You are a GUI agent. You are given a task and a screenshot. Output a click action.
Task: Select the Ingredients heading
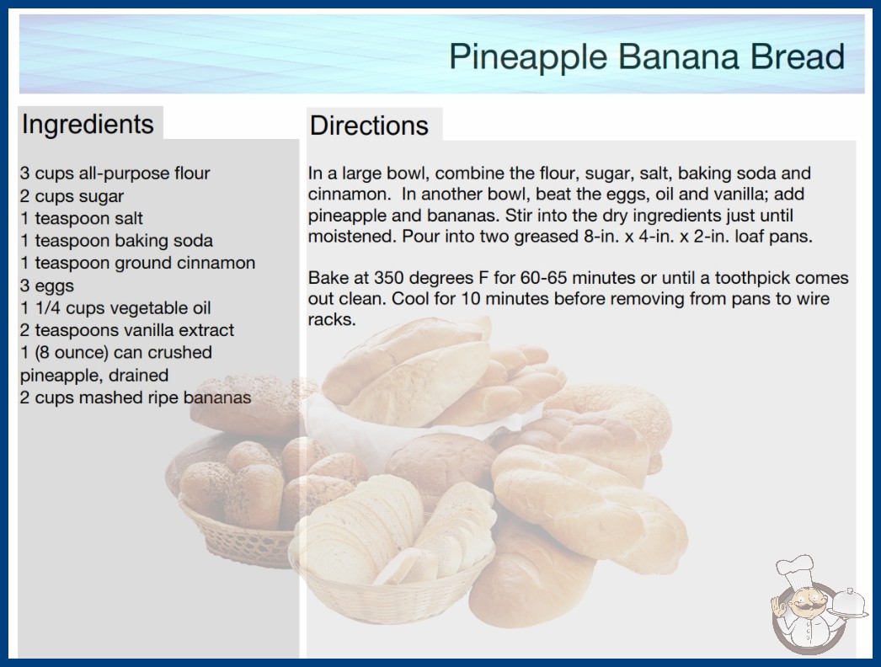pyautogui.click(x=88, y=125)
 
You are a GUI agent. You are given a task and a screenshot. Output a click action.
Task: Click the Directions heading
pyautogui.click(x=369, y=125)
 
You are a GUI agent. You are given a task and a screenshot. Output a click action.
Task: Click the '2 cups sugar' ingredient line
pyautogui.click(x=72, y=197)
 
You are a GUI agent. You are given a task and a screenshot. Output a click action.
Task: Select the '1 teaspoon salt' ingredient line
pyautogui.click(x=82, y=218)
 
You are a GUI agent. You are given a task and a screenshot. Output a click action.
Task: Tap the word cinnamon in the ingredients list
pyautogui.click(x=216, y=263)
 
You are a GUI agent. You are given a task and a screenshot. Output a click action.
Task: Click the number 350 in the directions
pyautogui.click(x=388, y=278)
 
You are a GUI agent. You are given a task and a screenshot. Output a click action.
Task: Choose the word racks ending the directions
pyautogui.click(x=332, y=320)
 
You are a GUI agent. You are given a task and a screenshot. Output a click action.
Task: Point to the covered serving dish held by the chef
pyautogui.click(x=849, y=604)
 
